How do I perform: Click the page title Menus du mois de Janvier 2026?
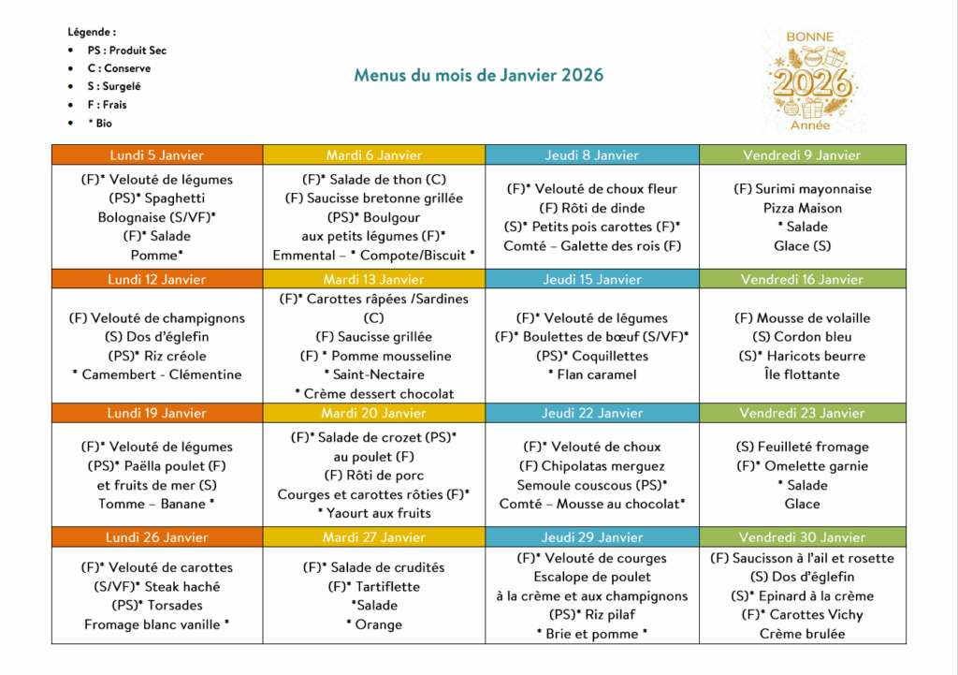click(x=478, y=76)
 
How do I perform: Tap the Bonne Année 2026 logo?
click(x=809, y=81)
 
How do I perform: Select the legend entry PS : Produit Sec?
click(x=126, y=51)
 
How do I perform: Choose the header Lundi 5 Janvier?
click(x=157, y=155)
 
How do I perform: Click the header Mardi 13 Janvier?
click(x=373, y=279)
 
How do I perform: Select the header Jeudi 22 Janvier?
click(x=592, y=413)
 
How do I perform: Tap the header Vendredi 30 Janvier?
click(x=802, y=537)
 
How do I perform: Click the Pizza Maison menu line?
click(x=802, y=208)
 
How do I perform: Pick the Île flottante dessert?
click(x=802, y=374)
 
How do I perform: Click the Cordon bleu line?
click(x=802, y=337)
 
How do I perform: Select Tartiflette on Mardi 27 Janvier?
click(x=380, y=587)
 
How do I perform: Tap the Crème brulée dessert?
click(x=802, y=634)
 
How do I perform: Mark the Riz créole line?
click(x=157, y=356)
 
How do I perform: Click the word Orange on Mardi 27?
click(x=378, y=624)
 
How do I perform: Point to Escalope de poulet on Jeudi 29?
click(x=592, y=577)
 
